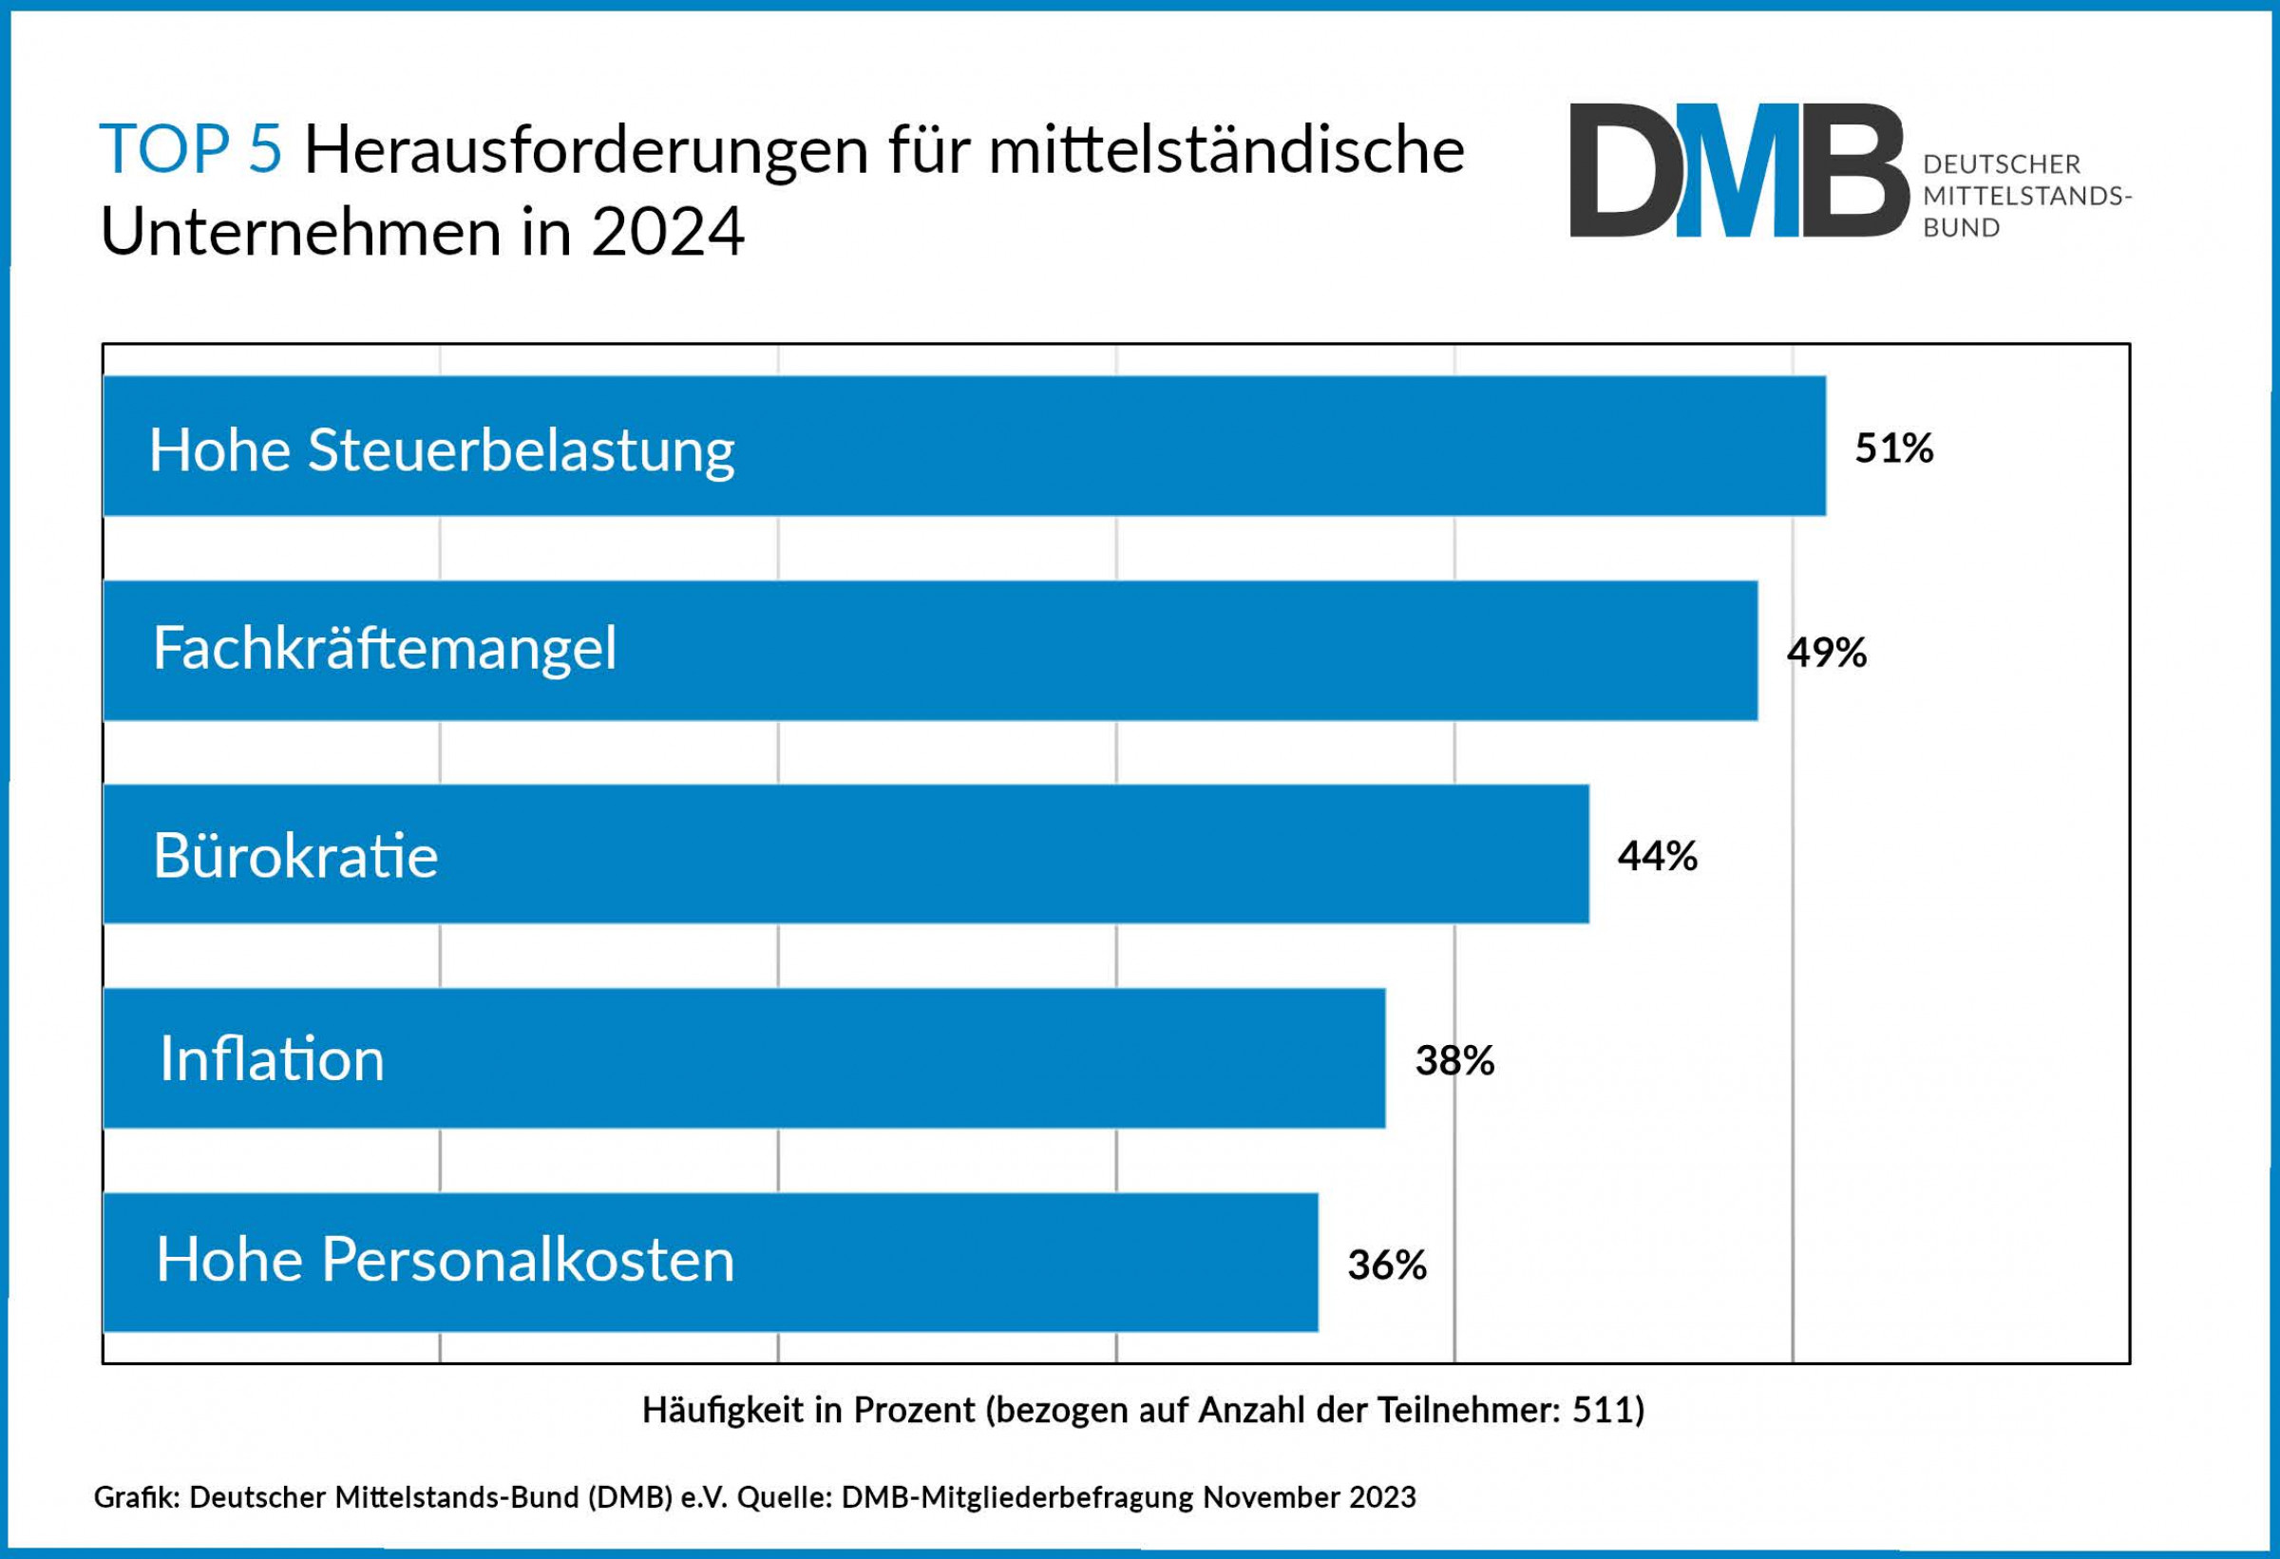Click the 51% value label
pyautogui.click(x=1893, y=448)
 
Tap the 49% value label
pyautogui.click(x=1826, y=653)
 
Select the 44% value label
pyautogui.click(x=1657, y=857)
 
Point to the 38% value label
pyautogui.click(x=1453, y=1060)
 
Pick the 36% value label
pyautogui.click(x=1386, y=1265)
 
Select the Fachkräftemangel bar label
pyautogui.click(x=385, y=649)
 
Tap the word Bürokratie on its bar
pyautogui.click(x=295, y=856)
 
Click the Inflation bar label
pyautogui.click(x=272, y=1059)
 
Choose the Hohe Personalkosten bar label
pyautogui.click(x=445, y=1260)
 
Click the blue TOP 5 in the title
pyautogui.click(x=190, y=150)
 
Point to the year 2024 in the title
pyautogui.click(x=667, y=233)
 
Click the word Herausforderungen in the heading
pyautogui.click(x=586, y=152)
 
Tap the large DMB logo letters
pyautogui.click(x=1738, y=171)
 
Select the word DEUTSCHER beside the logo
pyautogui.click(x=2002, y=163)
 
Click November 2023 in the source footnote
pyautogui.click(x=1309, y=1497)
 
